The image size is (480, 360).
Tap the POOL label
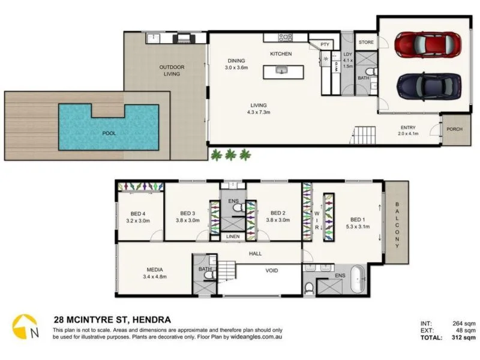[x=109, y=133]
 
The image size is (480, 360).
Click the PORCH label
[x=454, y=128]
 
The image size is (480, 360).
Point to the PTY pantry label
[x=325, y=44]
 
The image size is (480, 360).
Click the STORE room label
[x=366, y=43]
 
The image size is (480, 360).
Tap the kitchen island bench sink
[x=281, y=70]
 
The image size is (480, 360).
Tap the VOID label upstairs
[x=272, y=271]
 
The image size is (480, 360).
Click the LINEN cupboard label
[x=233, y=236]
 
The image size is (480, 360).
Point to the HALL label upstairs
[x=256, y=254]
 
